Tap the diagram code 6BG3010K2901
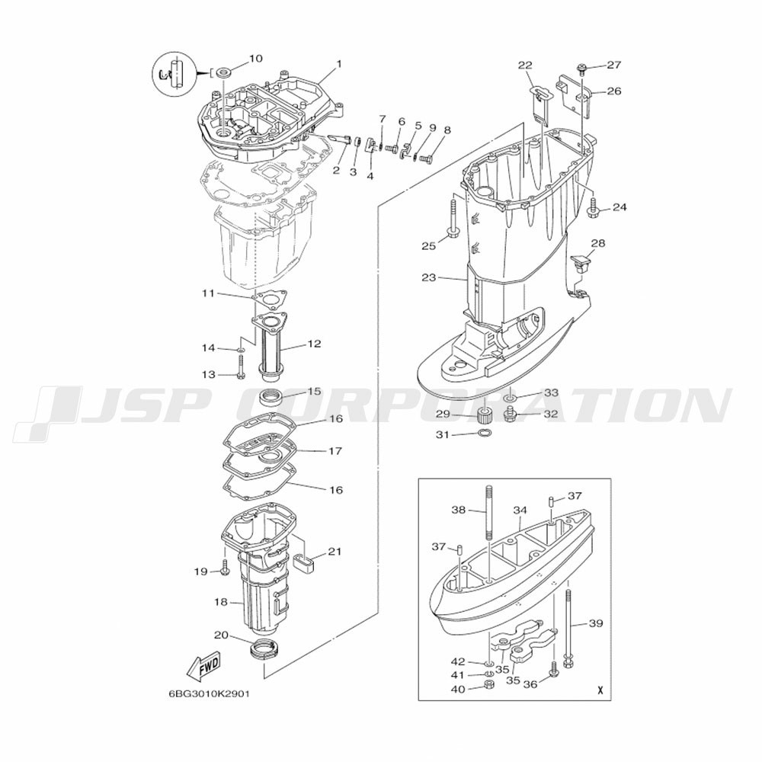coord(209,694)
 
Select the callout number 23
coord(428,278)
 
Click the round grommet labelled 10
coord(224,72)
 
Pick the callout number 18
coord(221,602)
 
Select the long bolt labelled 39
coord(568,627)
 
